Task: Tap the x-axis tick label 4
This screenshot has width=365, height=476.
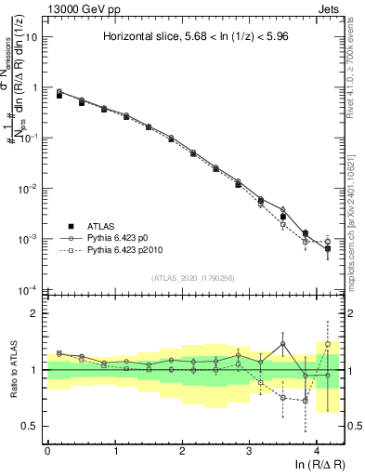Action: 316,451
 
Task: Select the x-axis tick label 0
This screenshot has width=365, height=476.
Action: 47,451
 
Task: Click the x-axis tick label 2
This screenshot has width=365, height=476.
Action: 182,451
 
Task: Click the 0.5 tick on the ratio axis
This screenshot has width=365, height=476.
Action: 30,426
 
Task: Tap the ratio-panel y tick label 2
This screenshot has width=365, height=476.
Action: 34,313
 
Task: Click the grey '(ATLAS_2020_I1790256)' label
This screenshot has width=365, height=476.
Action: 192,278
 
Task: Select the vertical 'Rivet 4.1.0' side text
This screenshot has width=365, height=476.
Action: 357,70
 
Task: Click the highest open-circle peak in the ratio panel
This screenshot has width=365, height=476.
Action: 283,344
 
